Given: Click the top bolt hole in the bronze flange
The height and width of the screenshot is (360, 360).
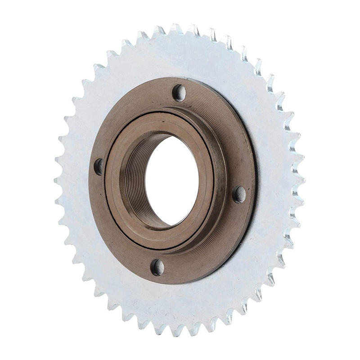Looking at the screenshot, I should [179, 93].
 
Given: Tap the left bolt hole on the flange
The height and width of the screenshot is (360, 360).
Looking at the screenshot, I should [99, 166].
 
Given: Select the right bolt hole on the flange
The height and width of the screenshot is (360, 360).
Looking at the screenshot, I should [239, 194].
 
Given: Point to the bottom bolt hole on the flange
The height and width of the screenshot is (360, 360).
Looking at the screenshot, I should [157, 267].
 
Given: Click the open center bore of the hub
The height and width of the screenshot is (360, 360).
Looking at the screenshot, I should [173, 180].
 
